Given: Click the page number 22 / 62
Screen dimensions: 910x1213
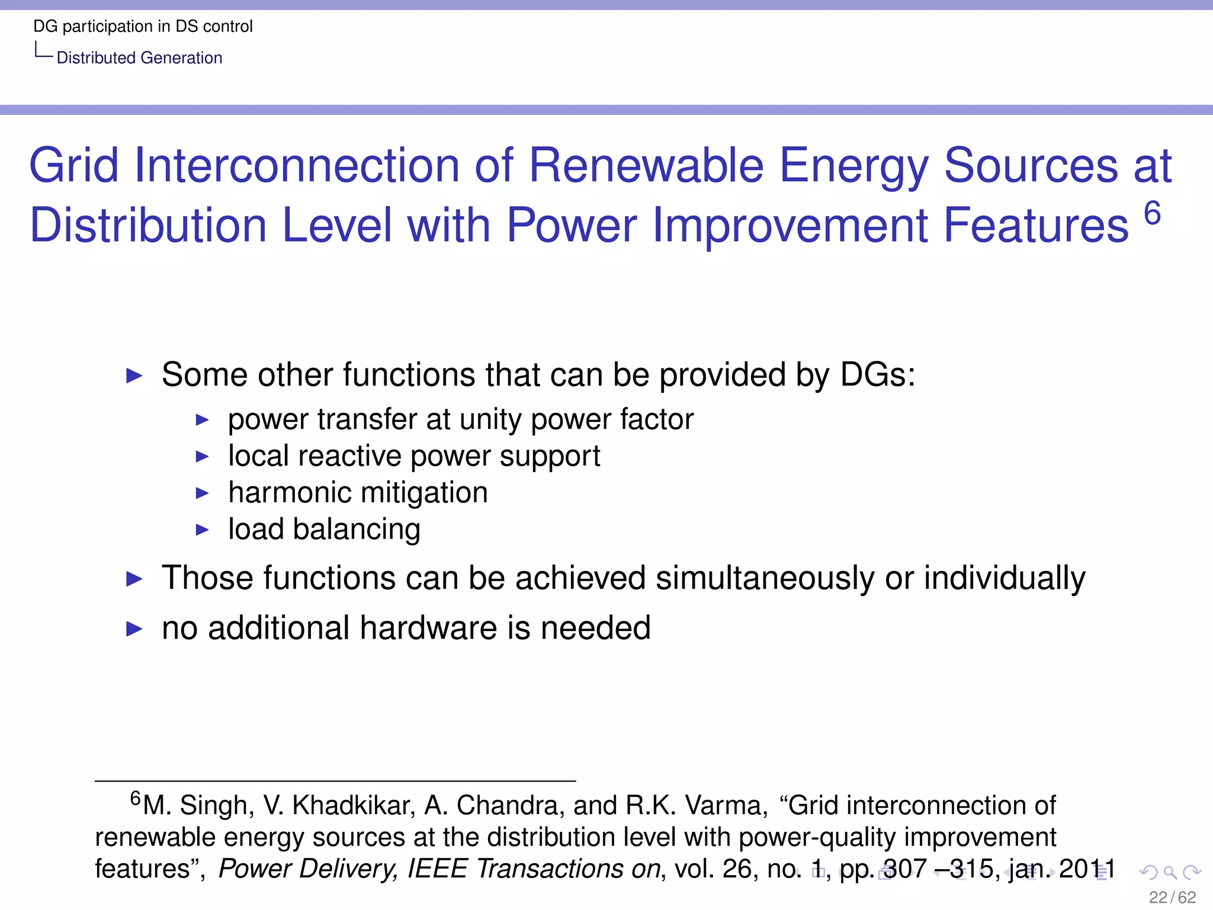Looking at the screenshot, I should [x=1172, y=897].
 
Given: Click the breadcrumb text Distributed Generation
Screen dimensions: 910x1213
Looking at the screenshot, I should [x=139, y=58].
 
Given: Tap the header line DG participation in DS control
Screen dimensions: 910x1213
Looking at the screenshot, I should [x=143, y=26].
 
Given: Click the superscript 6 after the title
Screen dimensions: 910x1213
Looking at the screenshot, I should [x=1152, y=213].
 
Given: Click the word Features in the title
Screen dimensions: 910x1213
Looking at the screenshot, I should [x=1036, y=226].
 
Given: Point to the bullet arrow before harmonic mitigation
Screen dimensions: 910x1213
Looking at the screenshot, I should [x=203, y=493].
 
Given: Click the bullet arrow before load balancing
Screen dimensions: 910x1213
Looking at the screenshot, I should [x=203, y=530].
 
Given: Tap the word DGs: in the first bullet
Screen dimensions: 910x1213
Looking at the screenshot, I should [x=878, y=375].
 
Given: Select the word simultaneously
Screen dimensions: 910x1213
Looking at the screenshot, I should [x=765, y=578].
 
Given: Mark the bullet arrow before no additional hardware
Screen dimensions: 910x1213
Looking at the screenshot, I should [x=134, y=629].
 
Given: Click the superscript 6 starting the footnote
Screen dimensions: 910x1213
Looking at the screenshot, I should [x=136, y=798].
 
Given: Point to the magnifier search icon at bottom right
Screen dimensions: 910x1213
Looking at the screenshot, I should [x=1170, y=872].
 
